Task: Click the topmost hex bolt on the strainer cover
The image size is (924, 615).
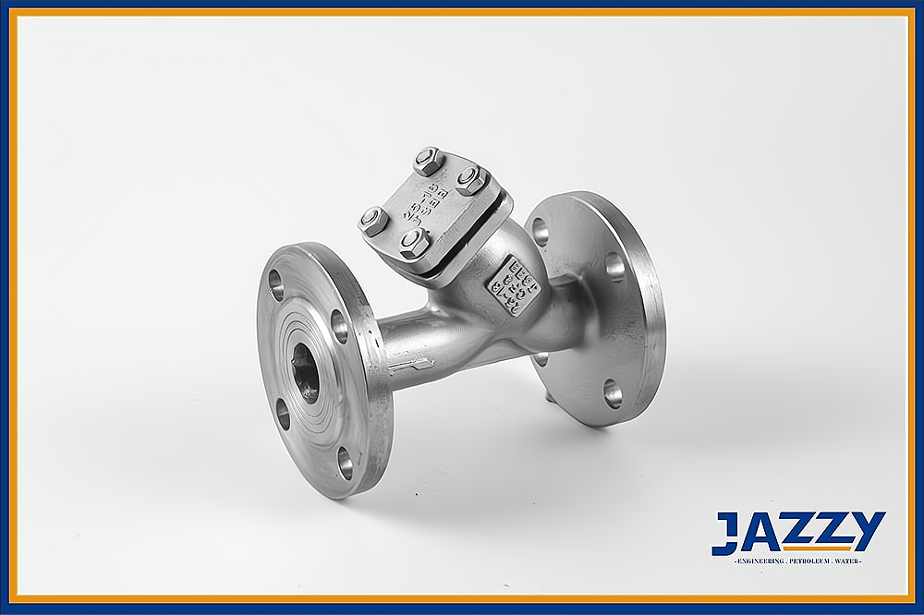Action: tap(429, 162)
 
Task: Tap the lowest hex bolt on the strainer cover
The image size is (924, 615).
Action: tap(413, 242)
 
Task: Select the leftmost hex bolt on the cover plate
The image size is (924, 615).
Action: tap(374, 222)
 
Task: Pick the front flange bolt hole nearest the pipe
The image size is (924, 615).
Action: tap(339, 325)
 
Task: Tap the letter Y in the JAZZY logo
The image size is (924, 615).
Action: tap(867, 530)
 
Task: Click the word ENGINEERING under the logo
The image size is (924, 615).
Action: tap(760, 561)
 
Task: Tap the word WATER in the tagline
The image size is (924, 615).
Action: tap(848, 561)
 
